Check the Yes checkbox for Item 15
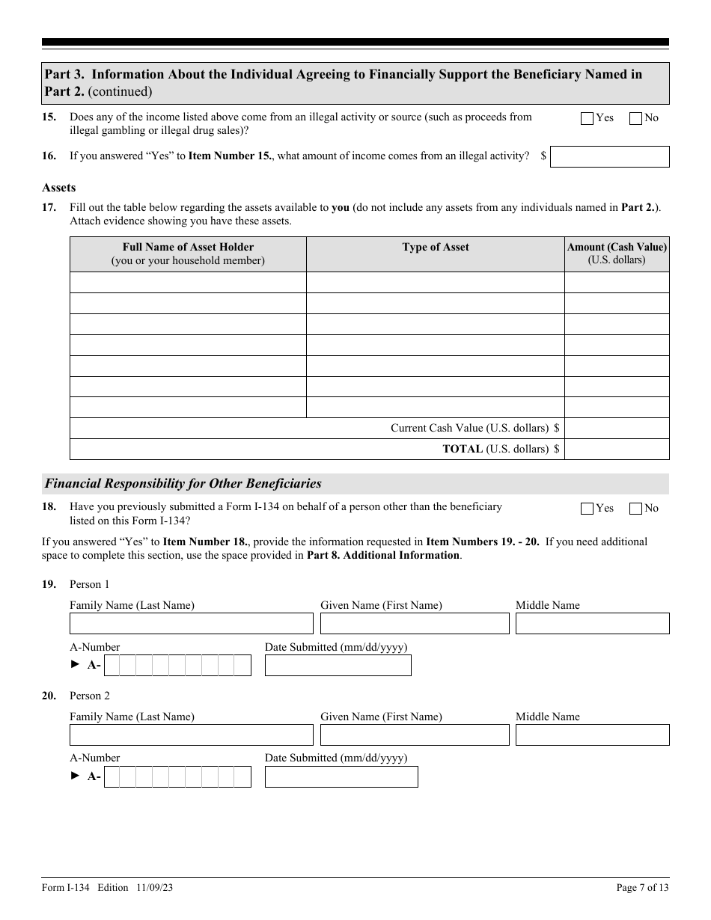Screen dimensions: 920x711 click(x=587, y=118)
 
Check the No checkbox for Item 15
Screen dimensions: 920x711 click(x=636, y=118)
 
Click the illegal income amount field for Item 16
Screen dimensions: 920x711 click(x=609, y=156)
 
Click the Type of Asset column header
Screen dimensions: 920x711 click(x=435, y=248)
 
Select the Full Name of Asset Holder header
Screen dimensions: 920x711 click(x=188, y=254)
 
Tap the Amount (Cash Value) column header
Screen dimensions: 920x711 click(x=617, y=254)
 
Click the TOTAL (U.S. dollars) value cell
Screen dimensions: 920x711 click(x=617, y=449)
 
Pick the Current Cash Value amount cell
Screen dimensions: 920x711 click(x=617, y=428)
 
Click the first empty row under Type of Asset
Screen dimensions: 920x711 click(x=435, y=282)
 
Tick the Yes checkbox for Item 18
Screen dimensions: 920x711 click(x=587, y=509)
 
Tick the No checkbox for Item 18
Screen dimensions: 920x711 click(x=636, y=509)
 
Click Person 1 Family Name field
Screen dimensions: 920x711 click(x=191, y=624)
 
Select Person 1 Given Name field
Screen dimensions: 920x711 click(x=415, y=624)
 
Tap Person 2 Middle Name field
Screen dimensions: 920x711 click(x=592, y=735)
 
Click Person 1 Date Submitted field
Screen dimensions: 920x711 click(x=338, y=666)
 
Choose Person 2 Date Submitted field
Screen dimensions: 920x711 click(x=341, y=777)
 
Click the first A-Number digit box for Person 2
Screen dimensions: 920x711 click(x=112, y=777)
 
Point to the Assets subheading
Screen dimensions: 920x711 click(x=59, y=188)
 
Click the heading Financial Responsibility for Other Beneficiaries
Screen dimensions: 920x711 click(x=183, y=484)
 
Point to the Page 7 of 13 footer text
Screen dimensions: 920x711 click(x=642, y=888)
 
